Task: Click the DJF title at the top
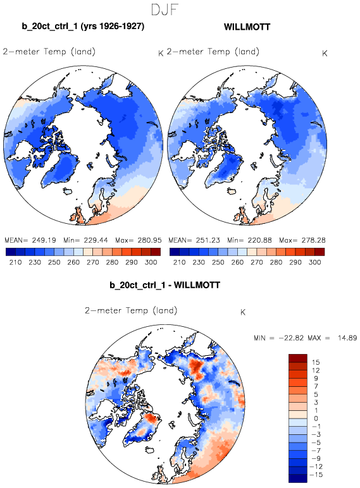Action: tap(164, 9)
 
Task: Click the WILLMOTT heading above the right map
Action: tap(247, 27)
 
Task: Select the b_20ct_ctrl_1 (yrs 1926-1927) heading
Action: tap(83, 26)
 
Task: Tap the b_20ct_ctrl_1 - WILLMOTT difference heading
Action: tap(164, 285)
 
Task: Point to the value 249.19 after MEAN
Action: tap(43, 240)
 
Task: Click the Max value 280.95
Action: tap(149, 240)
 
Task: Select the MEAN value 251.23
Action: tap(208, 240)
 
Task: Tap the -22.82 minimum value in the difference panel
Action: tap(291, 338)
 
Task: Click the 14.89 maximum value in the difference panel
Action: tap(347, 338)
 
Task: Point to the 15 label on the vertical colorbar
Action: tap(316, 362)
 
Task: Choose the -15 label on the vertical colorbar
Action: tap(316, 475)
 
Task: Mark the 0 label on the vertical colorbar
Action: tap(316, 418)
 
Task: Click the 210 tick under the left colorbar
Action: tap(16, 262)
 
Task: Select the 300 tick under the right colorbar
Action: tap(315, 262)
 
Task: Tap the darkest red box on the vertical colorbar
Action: tap(298, 358)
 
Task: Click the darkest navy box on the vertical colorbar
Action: tap(298, 479)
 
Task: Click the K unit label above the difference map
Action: tap(243, 312)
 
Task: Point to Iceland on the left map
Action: tap(68, 191)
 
